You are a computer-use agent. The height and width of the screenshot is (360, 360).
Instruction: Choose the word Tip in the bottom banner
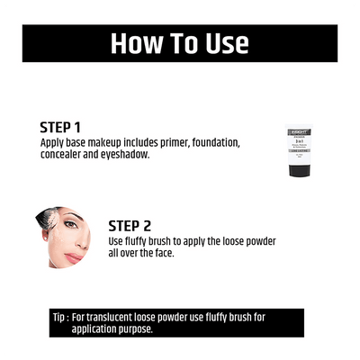click(61, 317)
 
